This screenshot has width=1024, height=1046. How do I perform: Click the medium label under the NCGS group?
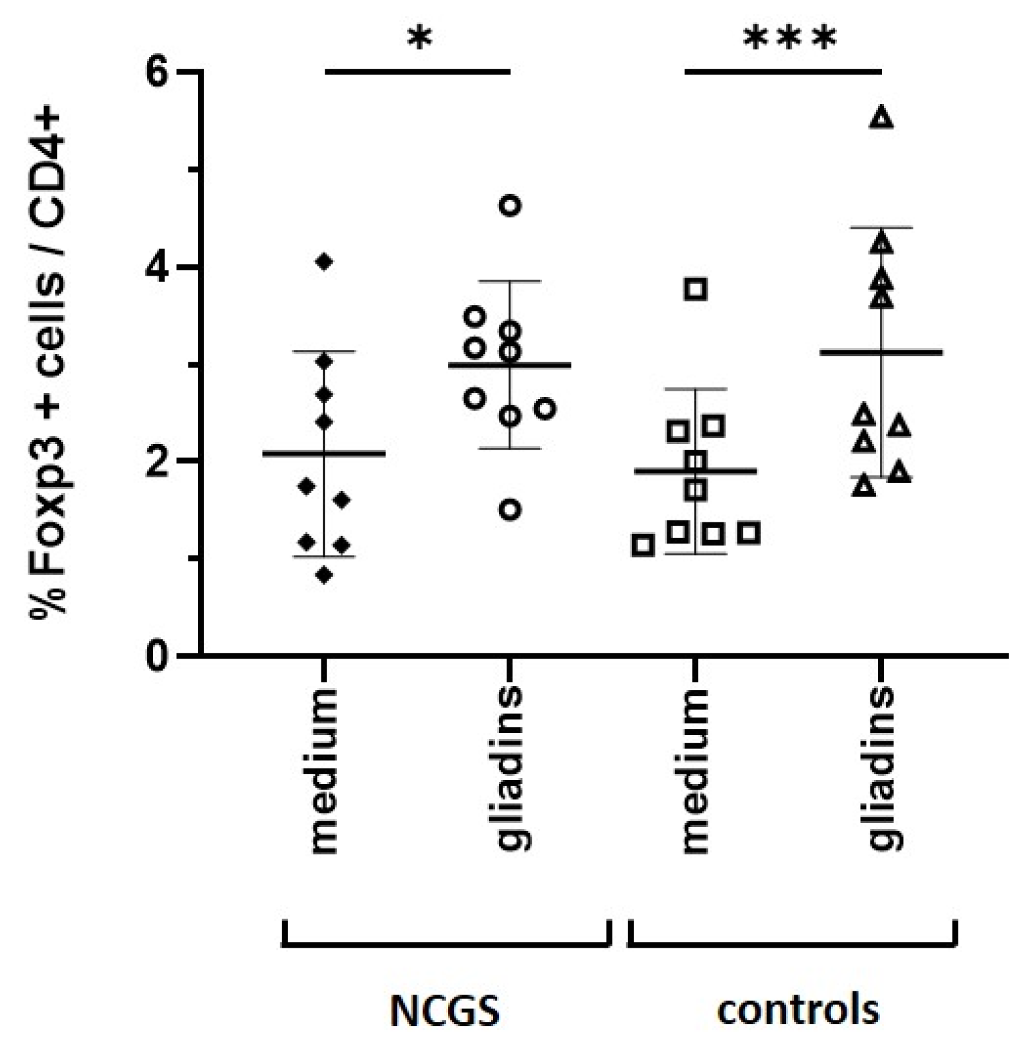pos(324,771)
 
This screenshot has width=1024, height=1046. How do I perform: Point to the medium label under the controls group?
pos(696,771)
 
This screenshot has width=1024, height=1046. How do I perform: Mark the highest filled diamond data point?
pos(324,261)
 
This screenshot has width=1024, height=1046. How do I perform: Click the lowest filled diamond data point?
pos(325,575)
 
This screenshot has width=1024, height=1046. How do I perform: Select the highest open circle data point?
pos(511,206)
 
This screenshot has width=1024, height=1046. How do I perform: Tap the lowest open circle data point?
pos(511,510)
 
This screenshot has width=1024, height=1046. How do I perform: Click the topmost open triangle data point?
pos(882,118)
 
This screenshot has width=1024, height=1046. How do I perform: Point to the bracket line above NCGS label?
pos(445,944)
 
